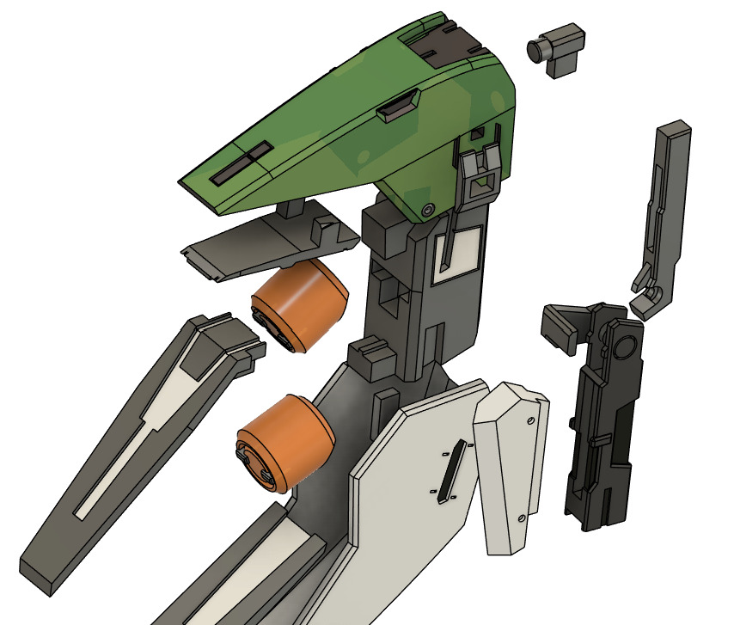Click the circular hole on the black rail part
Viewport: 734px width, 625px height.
point(624,347)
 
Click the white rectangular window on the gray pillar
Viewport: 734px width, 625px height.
point(456,254)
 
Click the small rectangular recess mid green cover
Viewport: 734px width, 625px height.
point(396,107)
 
